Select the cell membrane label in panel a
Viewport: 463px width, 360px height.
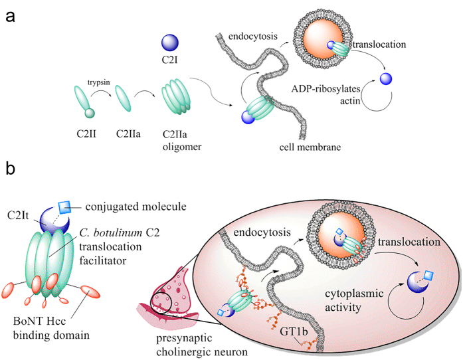click(x=310, y=147)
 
